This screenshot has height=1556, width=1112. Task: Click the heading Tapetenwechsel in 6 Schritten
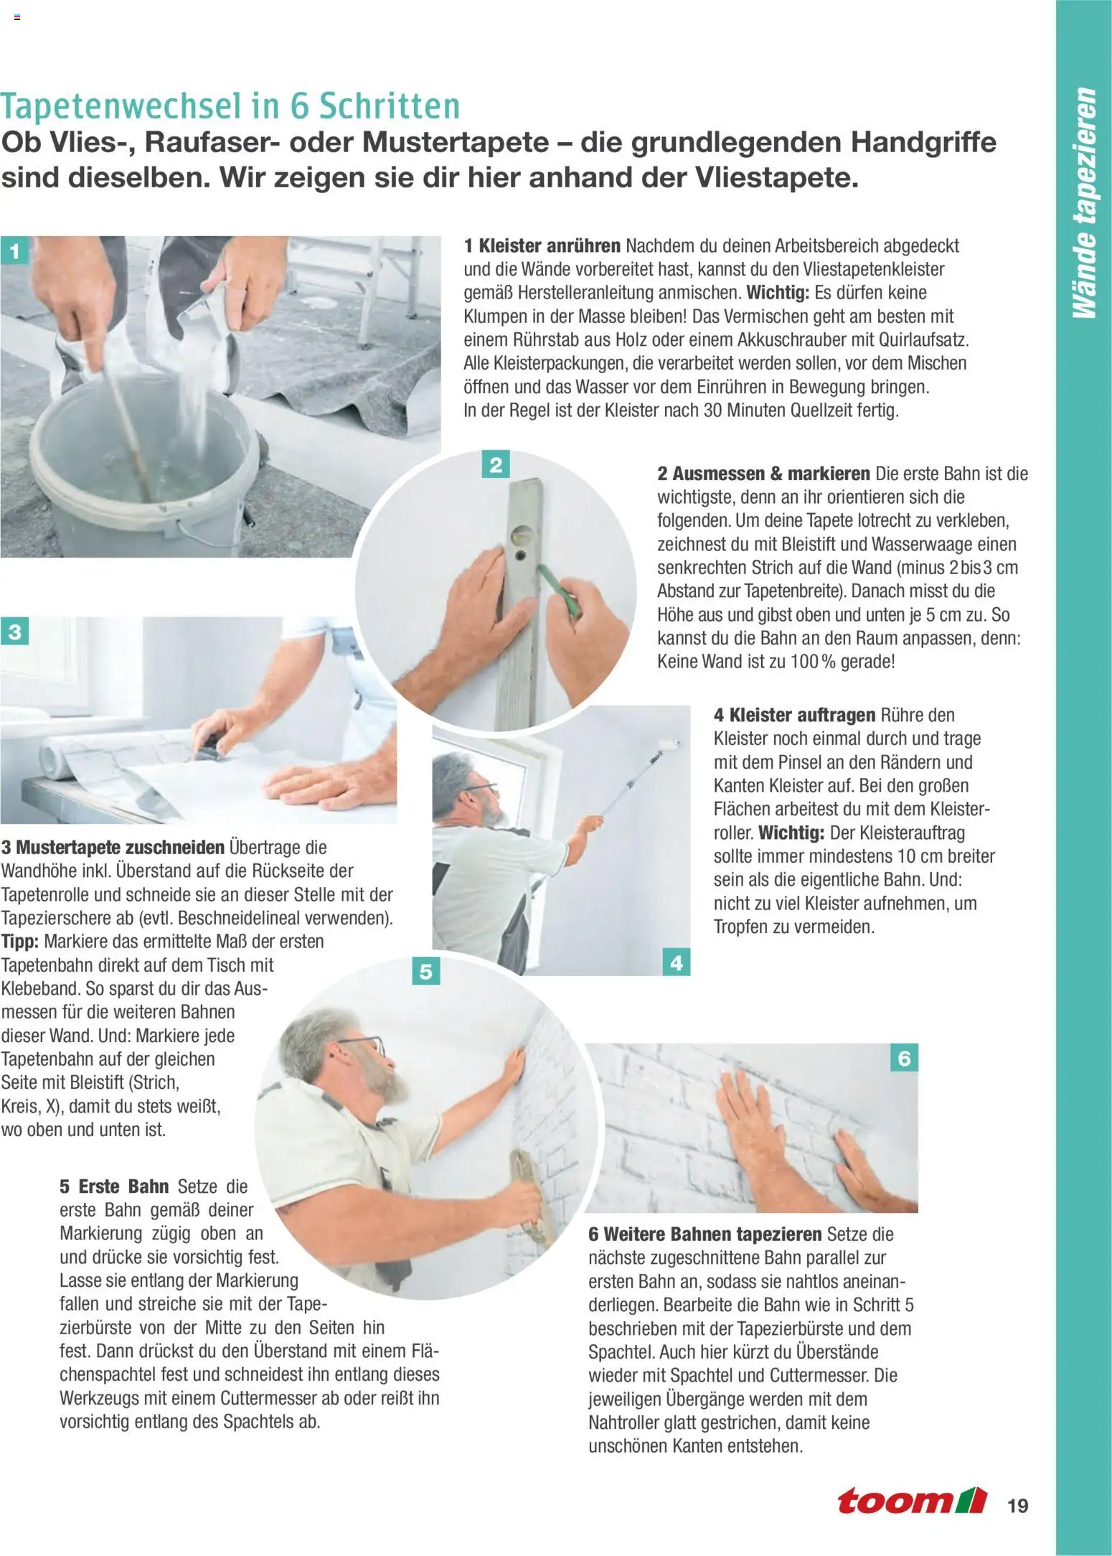(x=230, y=107)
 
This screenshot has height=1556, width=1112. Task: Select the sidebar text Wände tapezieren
(x=1084, y=203)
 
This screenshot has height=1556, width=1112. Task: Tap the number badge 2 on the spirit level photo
(x=495, y=465)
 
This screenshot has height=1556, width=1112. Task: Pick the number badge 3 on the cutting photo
(x=15, y=632)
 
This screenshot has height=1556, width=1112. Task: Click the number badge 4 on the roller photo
(x=676, y=962)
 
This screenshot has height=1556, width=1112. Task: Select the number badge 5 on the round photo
(x=426, y=972)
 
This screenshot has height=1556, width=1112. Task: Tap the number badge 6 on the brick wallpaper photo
(x=904, y=1058)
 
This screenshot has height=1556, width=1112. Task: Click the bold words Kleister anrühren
(x=549, y=246)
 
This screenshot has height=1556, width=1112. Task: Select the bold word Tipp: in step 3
(x=21, y=941)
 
